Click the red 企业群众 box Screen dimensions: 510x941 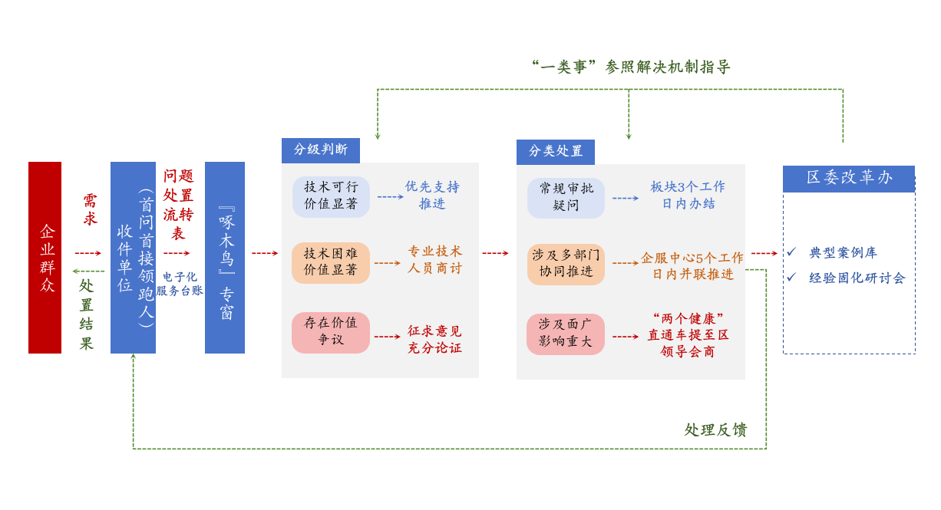(x=45, y=258)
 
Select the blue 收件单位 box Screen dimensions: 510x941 (x=133, y=258)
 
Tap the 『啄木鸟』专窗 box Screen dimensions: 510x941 (x=225, y=258)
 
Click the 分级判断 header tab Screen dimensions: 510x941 (x=320, y=150)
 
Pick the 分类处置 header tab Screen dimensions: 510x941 (x=555, y=152)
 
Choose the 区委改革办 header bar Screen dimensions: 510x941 (x=848, y=179)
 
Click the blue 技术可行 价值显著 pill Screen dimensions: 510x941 (x=331, y=197)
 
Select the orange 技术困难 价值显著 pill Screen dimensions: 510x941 (x=331, y=262)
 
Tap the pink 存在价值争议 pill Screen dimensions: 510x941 (x=331, y=332)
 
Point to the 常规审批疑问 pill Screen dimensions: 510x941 (x=566, y=198)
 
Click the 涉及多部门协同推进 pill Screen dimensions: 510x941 (x=566, y=264)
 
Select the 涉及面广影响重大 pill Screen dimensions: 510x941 (x=566, y=334)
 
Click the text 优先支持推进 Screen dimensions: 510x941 (x=432, y=196)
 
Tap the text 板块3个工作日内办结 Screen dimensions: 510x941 (x=688, y=196)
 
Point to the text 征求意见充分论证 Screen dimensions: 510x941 (x=434, y=340)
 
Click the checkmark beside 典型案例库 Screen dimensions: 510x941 (x=791, y=252)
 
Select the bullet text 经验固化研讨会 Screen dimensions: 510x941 (x=857, y=278)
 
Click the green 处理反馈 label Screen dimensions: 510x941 (x=715, y=430)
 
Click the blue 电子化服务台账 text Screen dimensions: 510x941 (x=180, y=284)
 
